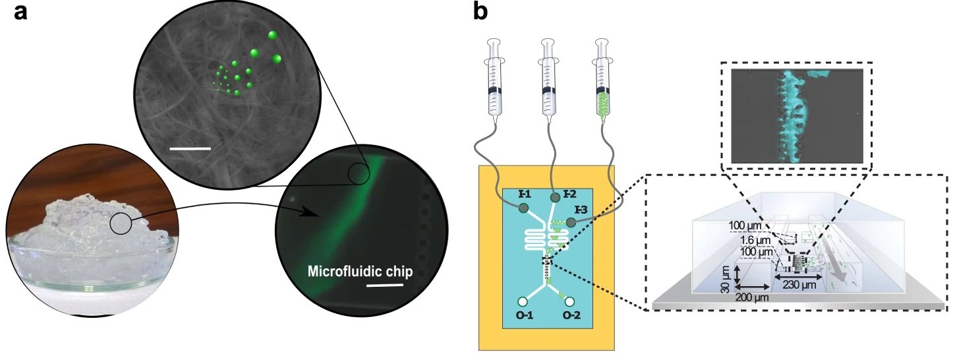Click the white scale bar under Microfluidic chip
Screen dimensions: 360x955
point(384,286)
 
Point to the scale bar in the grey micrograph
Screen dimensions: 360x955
point(190,148)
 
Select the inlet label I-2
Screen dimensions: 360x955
point(568,195)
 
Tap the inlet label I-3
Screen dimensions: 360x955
point(581,210)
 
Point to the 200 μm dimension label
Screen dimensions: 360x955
point(752,297)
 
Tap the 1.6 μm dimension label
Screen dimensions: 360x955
point(741,239)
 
